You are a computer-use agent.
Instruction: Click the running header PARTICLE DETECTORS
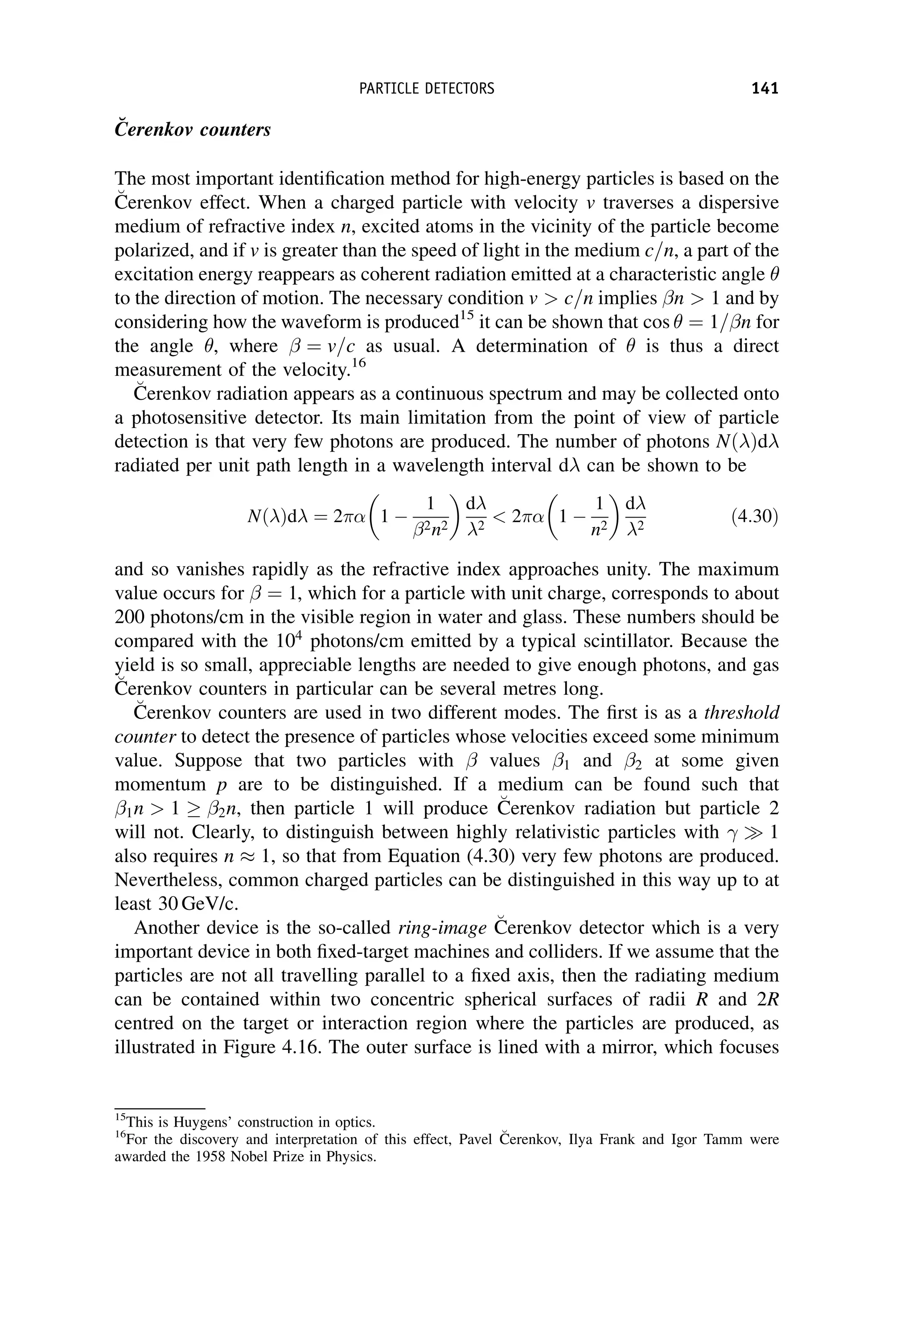(427, 89)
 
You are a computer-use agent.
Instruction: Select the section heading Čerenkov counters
(193, 129)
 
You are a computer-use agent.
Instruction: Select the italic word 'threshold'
(741, 712)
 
